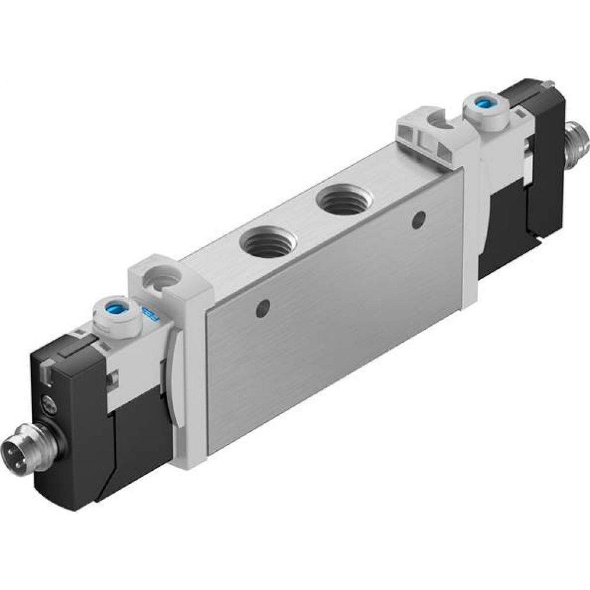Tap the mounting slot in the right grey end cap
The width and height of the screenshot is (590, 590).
(x=440, y=120)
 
